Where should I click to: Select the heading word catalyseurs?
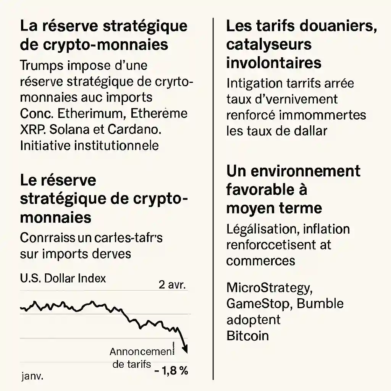(x=269, y=45)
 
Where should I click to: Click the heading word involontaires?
(x=273, y=63)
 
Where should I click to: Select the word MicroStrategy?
(x=269, y=287)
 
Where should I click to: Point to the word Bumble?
(x=320, y=304)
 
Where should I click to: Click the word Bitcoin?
(x=247, y=336)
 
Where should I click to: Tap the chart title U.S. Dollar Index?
(x=63, y=278)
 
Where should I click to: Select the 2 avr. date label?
(x=171, y=285)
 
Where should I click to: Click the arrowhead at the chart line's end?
(x=186, y=349)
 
